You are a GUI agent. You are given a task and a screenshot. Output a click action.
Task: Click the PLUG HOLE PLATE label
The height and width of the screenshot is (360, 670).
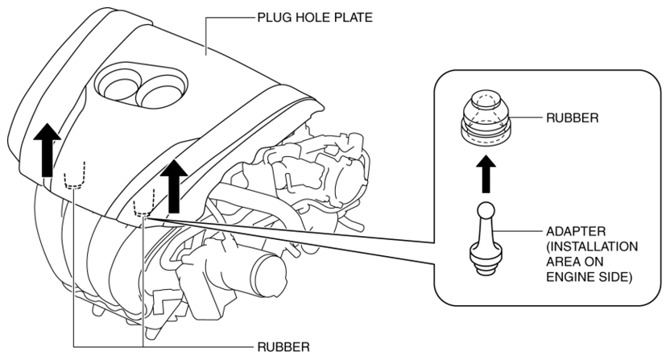pyautogui.click(x=315, y=18)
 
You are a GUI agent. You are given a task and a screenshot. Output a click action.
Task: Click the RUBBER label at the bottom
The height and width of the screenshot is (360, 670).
pyautogui.click(x=283, y=347)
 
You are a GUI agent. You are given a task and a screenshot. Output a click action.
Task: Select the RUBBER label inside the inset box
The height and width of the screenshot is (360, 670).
pyautogui.click(x=572, y=118)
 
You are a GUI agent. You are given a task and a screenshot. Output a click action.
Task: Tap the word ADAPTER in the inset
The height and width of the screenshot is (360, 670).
pyautogui.click(x=576, y=231)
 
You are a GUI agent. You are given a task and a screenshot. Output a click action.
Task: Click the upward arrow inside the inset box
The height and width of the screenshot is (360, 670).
pyautogui.click(x=486, y=174)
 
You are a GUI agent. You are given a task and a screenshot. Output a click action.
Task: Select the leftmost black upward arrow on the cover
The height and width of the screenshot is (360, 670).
pyautogui.click(x=47, y=150)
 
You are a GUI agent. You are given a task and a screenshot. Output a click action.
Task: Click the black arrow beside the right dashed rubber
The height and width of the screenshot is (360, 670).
pyautogui.click(x=174, y=186)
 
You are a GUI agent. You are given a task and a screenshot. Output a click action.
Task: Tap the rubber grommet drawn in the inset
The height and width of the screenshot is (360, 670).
pyautogui.click(x=486, y=118)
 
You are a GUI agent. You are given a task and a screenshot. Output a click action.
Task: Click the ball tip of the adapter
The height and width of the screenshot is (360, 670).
pyautogui.click(x=486, y=211)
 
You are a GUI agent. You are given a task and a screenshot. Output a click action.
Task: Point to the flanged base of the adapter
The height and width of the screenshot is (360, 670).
pyautogui.click(x=486, y=259)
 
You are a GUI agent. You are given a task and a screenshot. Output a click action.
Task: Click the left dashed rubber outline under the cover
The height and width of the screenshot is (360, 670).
pyautogui.click(x=75, y=176)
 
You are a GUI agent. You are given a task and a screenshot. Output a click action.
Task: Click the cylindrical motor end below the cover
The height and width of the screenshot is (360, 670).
pyautogui.click(x=268, y=273)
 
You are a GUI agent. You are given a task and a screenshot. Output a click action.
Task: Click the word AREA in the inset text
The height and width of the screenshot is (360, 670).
pyautogui.click(x=563, y=262)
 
